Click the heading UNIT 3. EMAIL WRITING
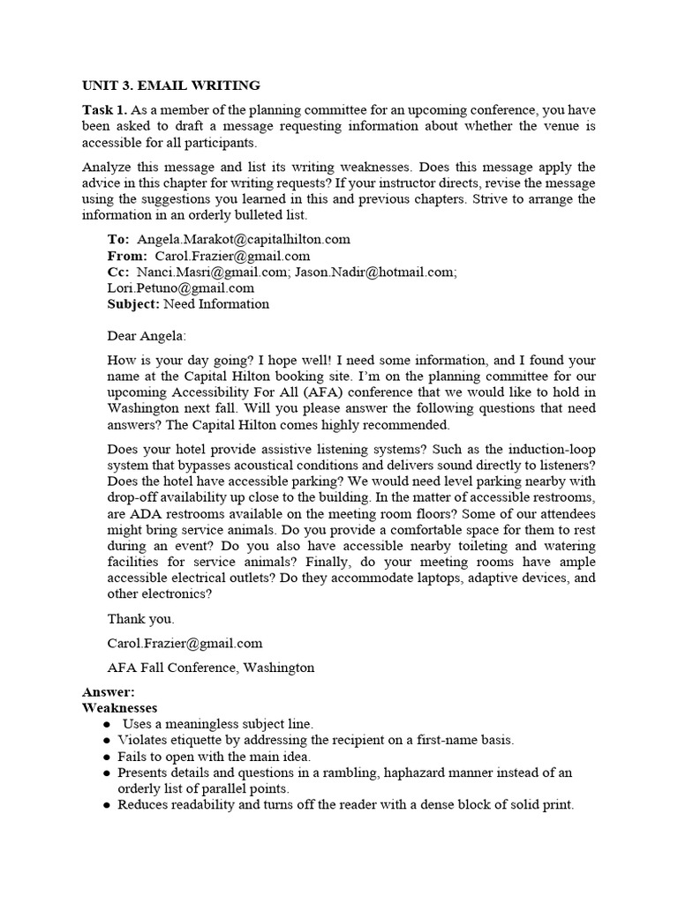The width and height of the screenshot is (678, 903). click(x=171, y=86)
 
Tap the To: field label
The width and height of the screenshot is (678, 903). click(x=118, y=239)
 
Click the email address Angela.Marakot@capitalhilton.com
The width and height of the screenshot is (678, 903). click(x=244, y=239)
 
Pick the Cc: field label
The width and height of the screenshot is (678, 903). click(x=118, y=272)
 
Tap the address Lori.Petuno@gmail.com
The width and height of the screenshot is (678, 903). click(x=181, y=287)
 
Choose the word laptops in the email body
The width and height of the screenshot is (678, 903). click(x=411, y=578)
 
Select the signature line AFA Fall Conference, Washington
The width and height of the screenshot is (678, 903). click(x=210, y=668)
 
